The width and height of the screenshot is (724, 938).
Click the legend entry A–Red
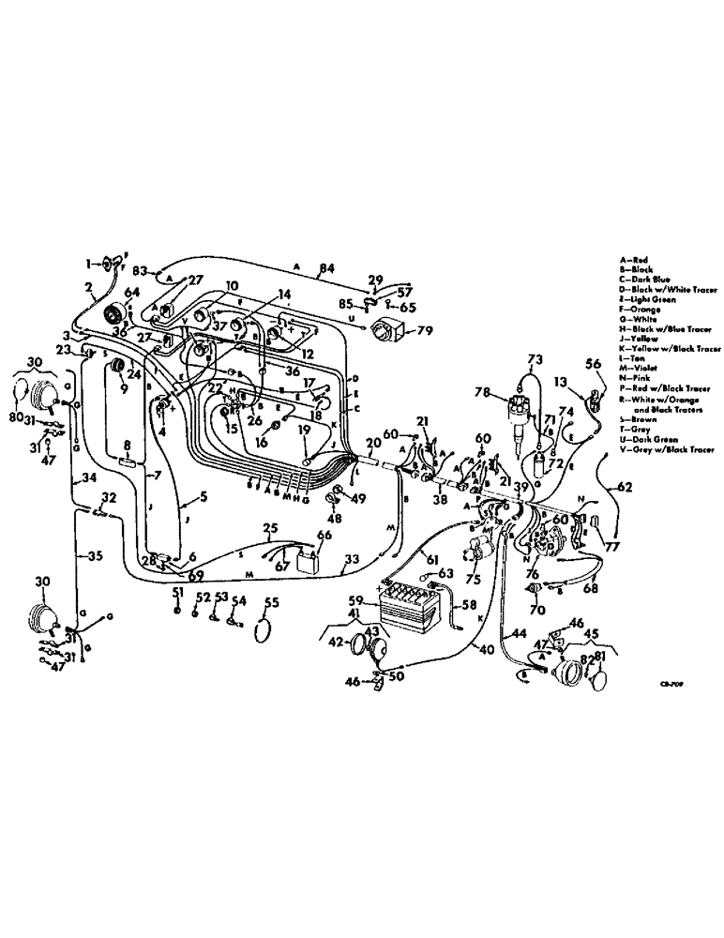[x=634, y=260]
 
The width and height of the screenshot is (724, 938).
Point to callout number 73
[x=535, y=359]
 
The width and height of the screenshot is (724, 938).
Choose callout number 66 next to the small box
[x=324, y=536]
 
